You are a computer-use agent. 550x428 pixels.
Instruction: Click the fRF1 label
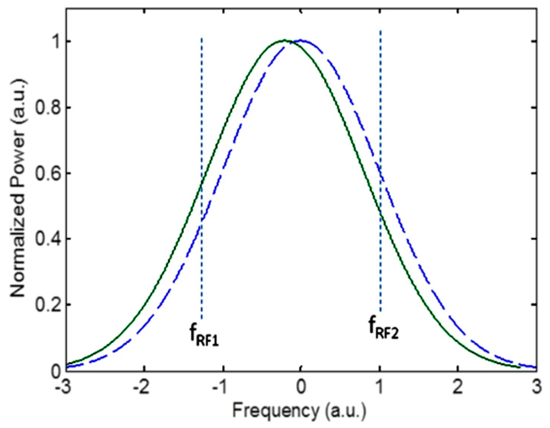[204, 335]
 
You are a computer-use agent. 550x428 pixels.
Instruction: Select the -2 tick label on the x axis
[141, 387]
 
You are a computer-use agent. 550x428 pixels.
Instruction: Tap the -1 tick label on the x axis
[220, 387]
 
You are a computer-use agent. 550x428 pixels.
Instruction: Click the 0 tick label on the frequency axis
[301, 387]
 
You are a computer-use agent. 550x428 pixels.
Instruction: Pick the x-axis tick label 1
[380, 387]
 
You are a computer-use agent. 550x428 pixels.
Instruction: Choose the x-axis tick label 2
[458, 387]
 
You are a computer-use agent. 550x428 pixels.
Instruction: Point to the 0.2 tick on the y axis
[48, 305]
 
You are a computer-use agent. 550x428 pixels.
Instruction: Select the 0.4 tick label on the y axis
[48, 239]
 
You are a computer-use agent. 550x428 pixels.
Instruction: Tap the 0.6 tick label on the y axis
[48, 173]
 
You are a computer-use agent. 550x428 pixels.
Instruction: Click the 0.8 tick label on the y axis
[48, 107]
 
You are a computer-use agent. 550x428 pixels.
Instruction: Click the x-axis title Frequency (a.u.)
[299, 410]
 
